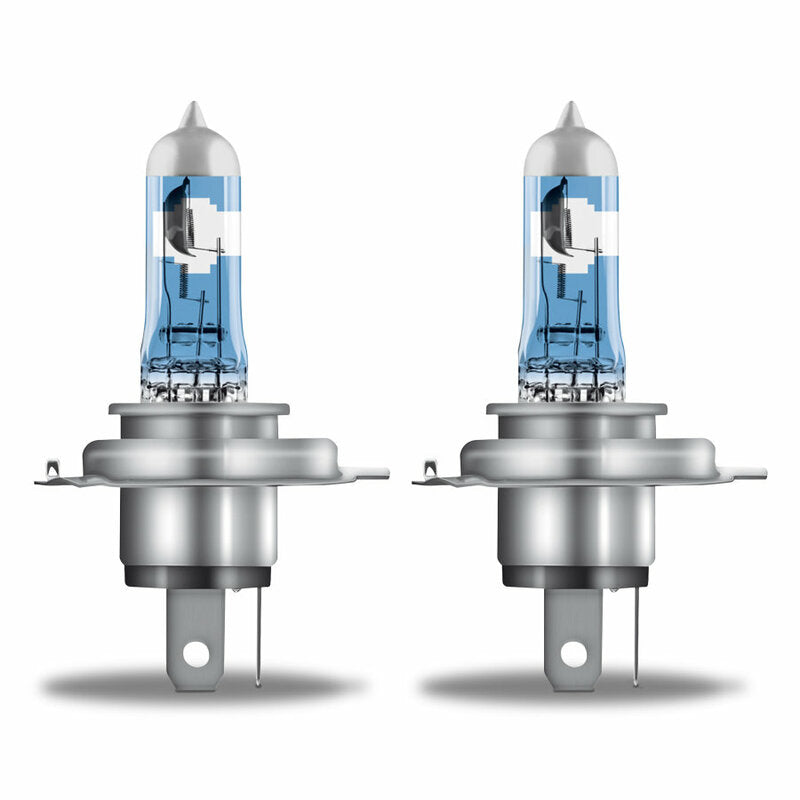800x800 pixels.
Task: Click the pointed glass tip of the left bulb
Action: click(x=192, y=113)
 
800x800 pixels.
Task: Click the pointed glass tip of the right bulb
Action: click(x=569, y=113)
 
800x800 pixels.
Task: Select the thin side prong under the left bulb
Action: click(x=257, y=640)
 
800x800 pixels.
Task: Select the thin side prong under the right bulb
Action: click(x=635, y=640)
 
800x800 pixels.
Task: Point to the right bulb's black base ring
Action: click(x=578, y=577)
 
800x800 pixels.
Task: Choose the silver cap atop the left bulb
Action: click(x=192, y=150)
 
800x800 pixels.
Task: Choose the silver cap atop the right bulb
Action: click(x=569, y=150)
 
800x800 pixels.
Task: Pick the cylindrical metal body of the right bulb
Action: click(x=578, y=525)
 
